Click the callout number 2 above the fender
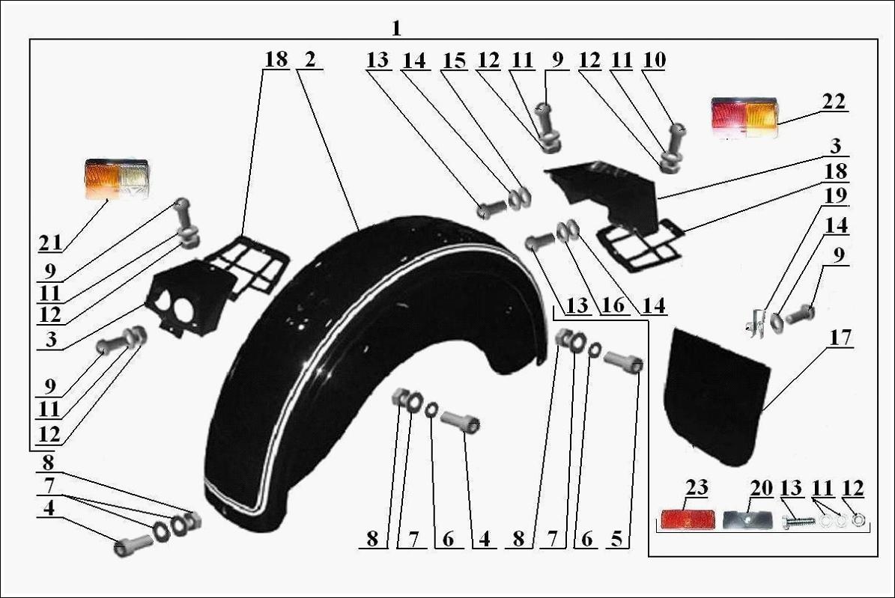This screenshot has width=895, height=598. pyautogui.click(x=309, y=60)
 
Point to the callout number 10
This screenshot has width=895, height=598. pyautogui.click(x=653, y=60)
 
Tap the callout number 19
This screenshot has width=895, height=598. pyautogui.click(x=836, y=196)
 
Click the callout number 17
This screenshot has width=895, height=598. pyautogui.click(x=840, y=338)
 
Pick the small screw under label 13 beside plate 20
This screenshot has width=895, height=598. pyautogui.click(x=797, y=521)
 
